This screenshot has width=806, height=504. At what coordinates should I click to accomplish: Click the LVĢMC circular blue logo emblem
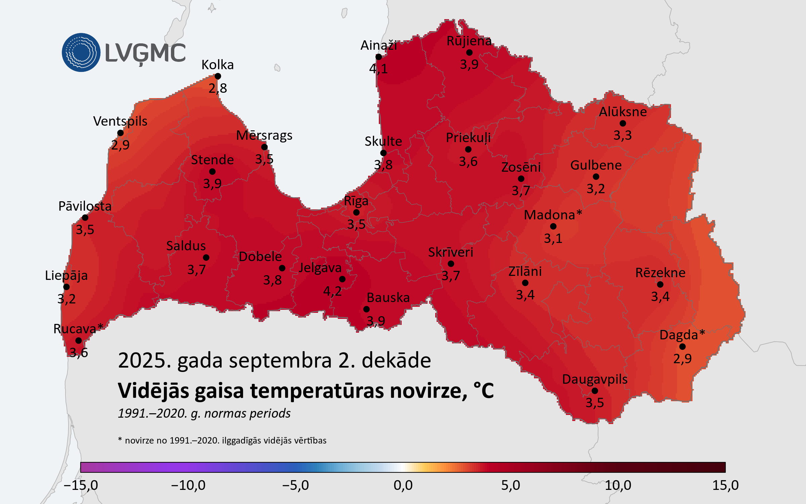[81, 52]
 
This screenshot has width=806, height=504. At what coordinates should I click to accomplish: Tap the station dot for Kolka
[218, 76]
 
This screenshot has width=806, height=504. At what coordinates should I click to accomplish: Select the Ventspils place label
[120, 121]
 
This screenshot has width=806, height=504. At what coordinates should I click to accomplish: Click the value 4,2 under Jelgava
[332, 291]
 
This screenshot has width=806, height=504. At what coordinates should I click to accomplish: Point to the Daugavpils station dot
[595, 391]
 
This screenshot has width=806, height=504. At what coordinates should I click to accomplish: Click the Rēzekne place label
[660, 272]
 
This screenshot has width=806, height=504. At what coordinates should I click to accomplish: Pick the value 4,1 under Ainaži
[378, 69]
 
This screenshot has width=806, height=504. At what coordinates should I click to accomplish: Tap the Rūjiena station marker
[469, 52]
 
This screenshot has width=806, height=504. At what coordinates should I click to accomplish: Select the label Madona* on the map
[553, 215]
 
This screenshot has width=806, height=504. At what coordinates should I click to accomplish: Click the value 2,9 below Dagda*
[682, 359]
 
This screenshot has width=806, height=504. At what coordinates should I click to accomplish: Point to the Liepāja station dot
[66, 287]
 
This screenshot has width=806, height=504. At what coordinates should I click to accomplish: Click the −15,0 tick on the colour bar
[81, 485]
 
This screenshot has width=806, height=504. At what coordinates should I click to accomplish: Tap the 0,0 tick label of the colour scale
[403, 485]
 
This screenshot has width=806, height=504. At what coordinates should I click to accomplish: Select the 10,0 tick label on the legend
[618, 485]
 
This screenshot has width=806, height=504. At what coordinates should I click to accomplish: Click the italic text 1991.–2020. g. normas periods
[204, 413]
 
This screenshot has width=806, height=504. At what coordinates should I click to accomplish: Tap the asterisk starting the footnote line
[120, 439]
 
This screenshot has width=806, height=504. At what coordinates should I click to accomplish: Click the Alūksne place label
[623, 112]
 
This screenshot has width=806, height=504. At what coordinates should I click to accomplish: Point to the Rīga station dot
[356, 212]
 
